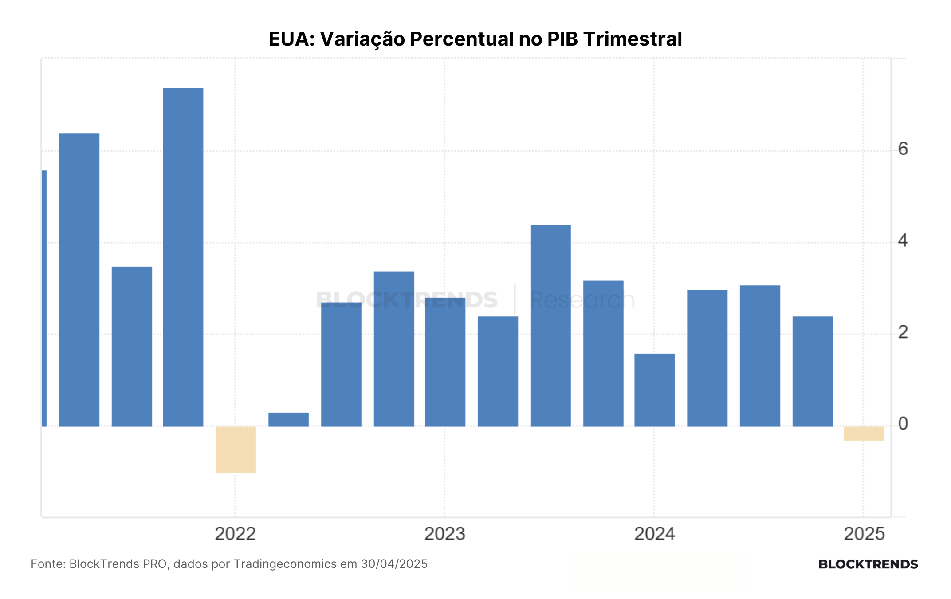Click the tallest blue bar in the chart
183,257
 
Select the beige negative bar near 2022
236,449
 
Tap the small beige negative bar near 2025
864,433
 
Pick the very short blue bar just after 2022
288,420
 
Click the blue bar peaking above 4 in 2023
550,326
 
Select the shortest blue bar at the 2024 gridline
654,390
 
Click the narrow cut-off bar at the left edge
44,298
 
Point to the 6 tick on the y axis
903,149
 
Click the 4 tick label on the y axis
903,241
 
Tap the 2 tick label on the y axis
903,332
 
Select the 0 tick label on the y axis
903,424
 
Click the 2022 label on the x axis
235,534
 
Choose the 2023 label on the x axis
444,534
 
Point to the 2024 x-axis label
654,534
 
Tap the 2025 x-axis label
864,534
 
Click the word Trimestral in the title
633,39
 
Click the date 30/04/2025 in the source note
394,564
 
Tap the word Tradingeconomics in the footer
285,564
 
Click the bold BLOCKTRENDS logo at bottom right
868,564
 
